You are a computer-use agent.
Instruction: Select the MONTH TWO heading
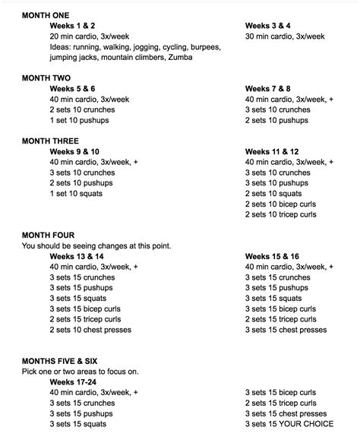(46, 77)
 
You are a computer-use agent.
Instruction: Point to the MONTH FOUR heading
(48, 236)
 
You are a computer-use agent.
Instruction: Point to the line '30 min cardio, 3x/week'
(284, 36)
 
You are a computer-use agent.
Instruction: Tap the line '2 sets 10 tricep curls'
(280, 214)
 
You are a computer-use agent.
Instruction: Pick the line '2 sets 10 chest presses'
(90, 330)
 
